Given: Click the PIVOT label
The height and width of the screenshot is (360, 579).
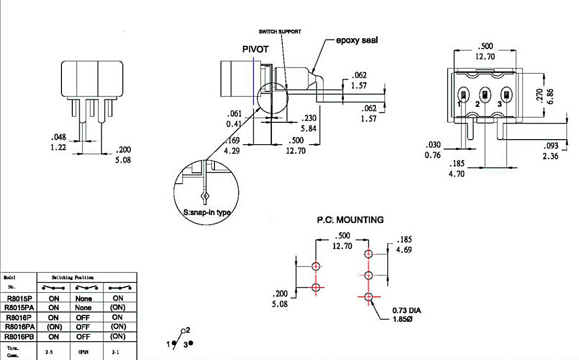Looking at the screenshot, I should pyautogui.click(x=255, y=50).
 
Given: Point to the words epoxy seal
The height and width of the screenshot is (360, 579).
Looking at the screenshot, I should pyautogui.click(x=357, y=40).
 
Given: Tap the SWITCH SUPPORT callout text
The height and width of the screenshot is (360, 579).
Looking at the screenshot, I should pyautogui.click(x=280, y=31).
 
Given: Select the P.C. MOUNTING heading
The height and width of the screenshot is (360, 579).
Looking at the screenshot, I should pyautogui.click(x=350, y=219).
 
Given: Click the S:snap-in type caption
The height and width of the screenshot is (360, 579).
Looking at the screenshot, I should pyautogui.click(x=207, y=212).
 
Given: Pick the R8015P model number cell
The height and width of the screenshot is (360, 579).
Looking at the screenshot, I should pyautogui.click(x=19, y=298).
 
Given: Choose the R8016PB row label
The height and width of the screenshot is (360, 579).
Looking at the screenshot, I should pyautogui.click(x=19, y=337).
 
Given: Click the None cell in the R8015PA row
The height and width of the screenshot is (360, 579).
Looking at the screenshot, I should pyautogui.click(x=84, y=308).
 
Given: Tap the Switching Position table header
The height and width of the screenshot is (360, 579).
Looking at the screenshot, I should pyautogui.click(x=72, y=278).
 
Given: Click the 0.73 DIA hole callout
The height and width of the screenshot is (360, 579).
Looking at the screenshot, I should pyautogui.click(x=407, y=310).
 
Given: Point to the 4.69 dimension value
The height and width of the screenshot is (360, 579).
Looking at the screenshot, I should pyautogui.click(x=404, y=250).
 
